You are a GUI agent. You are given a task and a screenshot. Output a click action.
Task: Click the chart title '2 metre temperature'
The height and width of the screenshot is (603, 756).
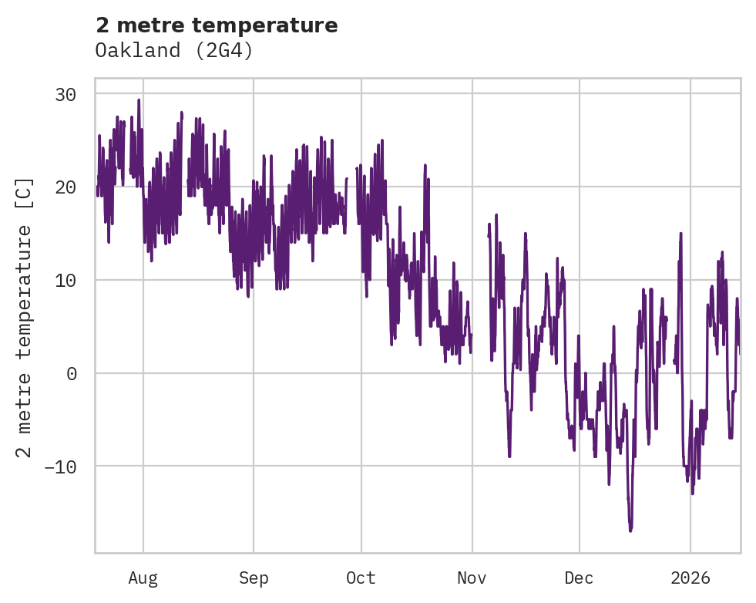pyautogui.click(x=217, y=25)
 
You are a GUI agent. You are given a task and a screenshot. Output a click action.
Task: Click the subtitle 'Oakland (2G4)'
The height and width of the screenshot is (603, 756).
pyautogui.click(x=174, y=51)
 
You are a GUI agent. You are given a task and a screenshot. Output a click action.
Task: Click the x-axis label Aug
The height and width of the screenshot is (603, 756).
pyautogui.click(x=143, y=578)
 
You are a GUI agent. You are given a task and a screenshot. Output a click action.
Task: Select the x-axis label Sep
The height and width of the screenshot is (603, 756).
pyautogui.click(x=253, y=578)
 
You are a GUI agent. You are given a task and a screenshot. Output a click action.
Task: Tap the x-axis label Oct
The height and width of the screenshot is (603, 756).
pyautogui.click(x=361, y=578)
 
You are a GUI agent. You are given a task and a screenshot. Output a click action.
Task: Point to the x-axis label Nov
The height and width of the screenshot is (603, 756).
pyautogui.click(x=472, y=578)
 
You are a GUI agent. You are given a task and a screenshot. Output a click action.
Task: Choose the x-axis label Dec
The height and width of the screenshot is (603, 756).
pyautogui.click(x=579, y=578)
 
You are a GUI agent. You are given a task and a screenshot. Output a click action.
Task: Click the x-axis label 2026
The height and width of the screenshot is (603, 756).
pyautogui.click(x=690, y=578)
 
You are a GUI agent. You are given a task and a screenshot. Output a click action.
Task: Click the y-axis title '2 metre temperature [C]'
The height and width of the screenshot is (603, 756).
pyautogui.click(x=25, y=317)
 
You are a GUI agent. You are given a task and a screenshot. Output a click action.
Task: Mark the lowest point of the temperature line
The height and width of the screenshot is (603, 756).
pyautogui.click(x=630, y=531)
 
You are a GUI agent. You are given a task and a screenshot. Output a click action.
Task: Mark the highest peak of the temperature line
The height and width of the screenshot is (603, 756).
pyautogui.click(x=139, y=99)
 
